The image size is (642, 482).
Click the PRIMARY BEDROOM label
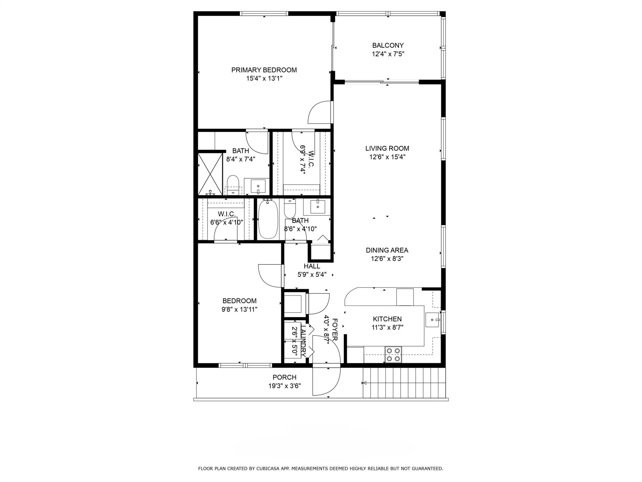click(x=264, y=70)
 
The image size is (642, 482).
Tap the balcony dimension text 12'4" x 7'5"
click(x=388, y=54)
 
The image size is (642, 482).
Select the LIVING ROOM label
click(x=387, y=148)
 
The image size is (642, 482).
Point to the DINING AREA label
click(x=387, y=250)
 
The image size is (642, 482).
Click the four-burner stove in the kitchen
click(x=393, y=355)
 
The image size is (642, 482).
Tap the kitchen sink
click(x=433, y=320)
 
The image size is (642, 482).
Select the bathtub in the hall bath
click(x=267, y=219)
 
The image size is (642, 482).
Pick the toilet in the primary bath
click(x=233, y=184)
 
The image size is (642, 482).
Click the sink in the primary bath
click(x=258, y=186)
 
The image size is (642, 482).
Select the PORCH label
click(x=284, y=378)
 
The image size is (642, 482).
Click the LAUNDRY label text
click(x=303, y=340)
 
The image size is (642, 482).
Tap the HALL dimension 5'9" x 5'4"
click(x=312, y=275)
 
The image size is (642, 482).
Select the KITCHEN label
click(x=387, y=319)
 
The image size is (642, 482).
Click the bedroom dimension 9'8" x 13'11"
click(x=239, y=309)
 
